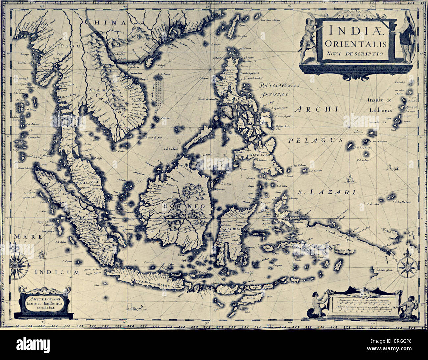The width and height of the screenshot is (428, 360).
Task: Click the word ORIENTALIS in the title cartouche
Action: [354, 43]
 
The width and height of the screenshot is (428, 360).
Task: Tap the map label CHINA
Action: [105, 22]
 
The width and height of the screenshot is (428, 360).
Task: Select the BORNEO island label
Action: [183, 206]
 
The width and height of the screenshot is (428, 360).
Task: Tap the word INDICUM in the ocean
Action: [57, 272]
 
